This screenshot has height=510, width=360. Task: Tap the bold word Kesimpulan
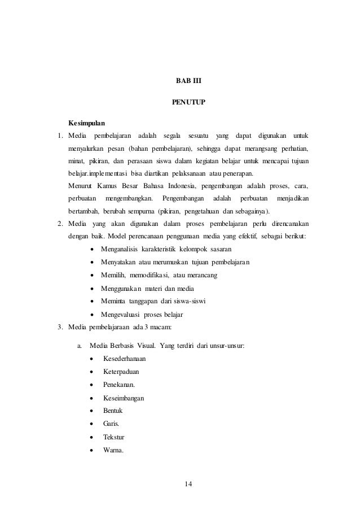point(86,123)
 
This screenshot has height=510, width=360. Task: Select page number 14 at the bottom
point(188,484)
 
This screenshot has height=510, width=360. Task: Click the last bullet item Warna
point(113,450)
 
